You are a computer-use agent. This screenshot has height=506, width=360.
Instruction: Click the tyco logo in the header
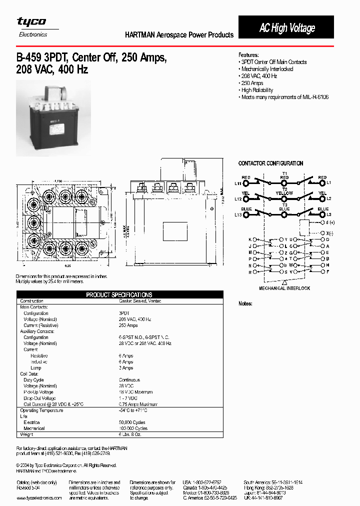(x=31, y=21)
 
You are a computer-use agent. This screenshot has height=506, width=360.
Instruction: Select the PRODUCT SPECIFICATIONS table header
(x=119, y=295)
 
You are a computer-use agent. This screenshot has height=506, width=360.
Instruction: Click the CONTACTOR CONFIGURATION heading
(x=270, y=163)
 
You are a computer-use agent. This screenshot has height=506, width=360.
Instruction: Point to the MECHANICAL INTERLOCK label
(x=284, y=288)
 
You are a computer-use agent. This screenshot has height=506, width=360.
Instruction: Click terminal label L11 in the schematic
(x=238, y=183)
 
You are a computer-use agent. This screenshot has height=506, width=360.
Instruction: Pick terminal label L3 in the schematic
(x=328, y=214)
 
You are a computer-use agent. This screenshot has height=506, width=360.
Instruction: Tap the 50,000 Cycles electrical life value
(x=133, y=422)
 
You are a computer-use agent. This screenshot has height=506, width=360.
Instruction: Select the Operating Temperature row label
(x=41, y=410)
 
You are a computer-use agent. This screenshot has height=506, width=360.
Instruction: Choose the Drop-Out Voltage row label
(x=39, y=398)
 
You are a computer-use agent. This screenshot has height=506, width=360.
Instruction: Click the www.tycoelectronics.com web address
(x=39, y=498)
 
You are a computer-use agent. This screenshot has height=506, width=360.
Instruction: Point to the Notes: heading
(x=245, y=303)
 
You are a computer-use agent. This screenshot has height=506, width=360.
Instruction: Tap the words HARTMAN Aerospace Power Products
(x=179, y=35)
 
